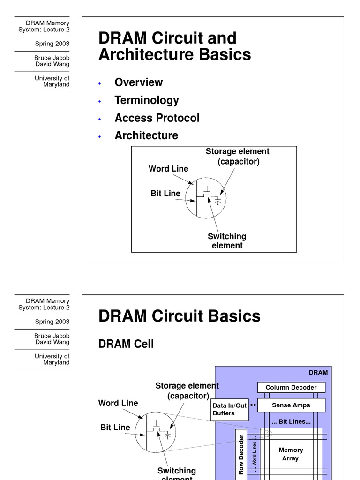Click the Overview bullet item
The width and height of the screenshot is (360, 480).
click(138, 82)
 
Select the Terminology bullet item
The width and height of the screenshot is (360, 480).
click(147, 100)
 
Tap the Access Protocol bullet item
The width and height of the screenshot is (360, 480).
click(157, 118)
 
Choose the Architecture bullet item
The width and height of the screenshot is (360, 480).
click(146, 136)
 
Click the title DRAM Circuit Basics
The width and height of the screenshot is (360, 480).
click(179, 316)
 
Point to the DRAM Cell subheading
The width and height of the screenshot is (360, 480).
click(126, 344)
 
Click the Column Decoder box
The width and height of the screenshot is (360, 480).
click(291, 388)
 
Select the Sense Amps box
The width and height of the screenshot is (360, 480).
click(291, 405)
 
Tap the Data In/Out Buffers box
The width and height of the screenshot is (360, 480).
click(229, 409)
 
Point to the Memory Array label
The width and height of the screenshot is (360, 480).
click(291, 454)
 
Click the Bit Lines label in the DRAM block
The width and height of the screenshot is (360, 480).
click(291, 422)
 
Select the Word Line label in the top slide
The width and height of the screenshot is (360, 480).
click(168, 169)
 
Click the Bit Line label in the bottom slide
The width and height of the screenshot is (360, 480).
click(115, 427)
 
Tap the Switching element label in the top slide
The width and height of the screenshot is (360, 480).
click(227, 241)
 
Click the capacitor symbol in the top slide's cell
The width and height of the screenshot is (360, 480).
click(217, 201)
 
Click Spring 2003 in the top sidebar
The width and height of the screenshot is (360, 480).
click(52, 44)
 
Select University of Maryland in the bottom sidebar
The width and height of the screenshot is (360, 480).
click(52, 360)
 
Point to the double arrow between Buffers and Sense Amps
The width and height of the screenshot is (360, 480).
click(253, 405)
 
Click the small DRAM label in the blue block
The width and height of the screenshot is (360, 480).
click(318, 373)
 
